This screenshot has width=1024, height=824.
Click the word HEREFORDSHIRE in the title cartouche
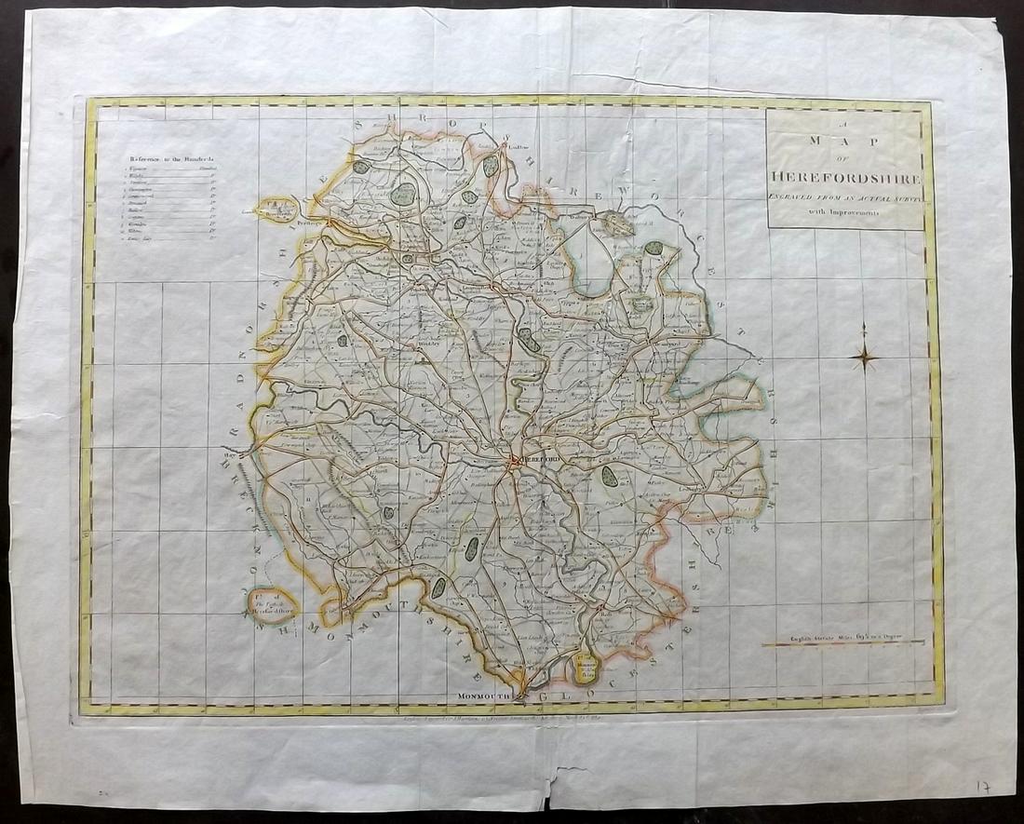(x=845, y=179)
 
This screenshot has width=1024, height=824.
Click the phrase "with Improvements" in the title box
(x=845, y=212)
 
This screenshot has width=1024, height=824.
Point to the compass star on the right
(x=865, y=354)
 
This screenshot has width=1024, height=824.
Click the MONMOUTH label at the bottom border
(x=486, y=696)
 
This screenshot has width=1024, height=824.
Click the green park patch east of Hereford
(x=611, y=477)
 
